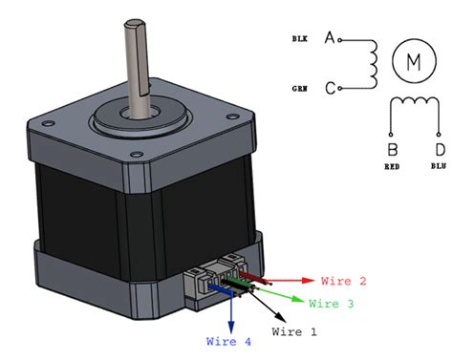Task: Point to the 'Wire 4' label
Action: click(x=229, y=339)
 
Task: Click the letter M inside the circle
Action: click(x=414, y=62)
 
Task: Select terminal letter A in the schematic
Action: click(x=331, y=39)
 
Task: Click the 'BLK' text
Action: click(x=299, y=40)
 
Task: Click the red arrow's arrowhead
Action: click(x=309, y=281)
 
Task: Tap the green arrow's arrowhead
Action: click(x=299, y=300)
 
